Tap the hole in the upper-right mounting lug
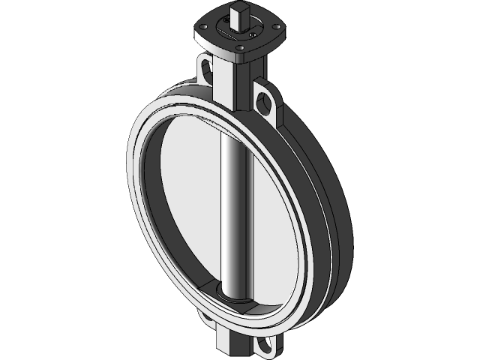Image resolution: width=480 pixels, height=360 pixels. pyautogui.click(x=265, y=100)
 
